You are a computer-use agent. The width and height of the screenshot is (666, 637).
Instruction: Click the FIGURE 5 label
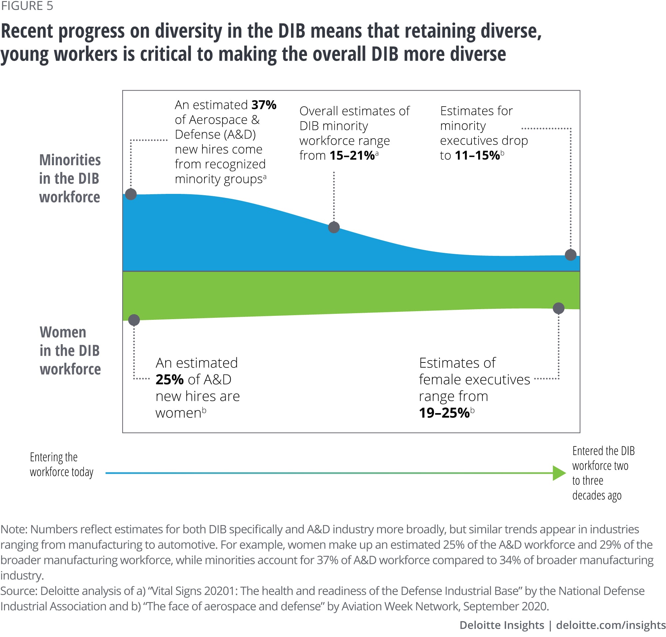tap(27, 6)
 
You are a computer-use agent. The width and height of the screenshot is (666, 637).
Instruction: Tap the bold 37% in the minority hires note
tap(264, 105)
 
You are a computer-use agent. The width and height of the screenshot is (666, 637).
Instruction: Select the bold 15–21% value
tap(352, 155)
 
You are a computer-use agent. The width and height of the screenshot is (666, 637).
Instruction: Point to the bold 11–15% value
tap(477, 155)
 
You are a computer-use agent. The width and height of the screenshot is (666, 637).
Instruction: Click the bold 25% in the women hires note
tap(169, 379)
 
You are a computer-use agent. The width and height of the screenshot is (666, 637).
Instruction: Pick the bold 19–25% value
tap(444, 412)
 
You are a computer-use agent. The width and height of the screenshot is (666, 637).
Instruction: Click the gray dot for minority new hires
tap(131, 194)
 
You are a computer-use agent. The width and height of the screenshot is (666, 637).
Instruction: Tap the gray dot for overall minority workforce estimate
tap(334, 227)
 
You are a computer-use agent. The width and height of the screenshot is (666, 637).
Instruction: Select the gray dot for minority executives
tap(570, 255)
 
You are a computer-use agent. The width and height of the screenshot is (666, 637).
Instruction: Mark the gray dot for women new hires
tap(134, 319)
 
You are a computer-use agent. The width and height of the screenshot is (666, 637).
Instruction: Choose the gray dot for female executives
tap(558, 308)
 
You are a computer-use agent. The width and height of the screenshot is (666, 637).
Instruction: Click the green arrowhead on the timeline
tap(558, 473)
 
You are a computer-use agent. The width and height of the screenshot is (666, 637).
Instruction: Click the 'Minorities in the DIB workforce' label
tap(70, 178)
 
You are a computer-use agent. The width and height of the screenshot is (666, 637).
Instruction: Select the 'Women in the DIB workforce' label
tap(70, 350)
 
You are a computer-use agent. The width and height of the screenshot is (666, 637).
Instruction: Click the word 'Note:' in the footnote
tap(14, 529)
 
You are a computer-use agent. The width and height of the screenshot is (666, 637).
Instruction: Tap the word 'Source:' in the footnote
tap(19, 590)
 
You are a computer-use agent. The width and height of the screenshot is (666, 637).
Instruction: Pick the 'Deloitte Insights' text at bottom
tap(501, 625)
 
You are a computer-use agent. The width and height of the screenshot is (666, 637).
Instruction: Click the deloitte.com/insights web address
tap(611, 625)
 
